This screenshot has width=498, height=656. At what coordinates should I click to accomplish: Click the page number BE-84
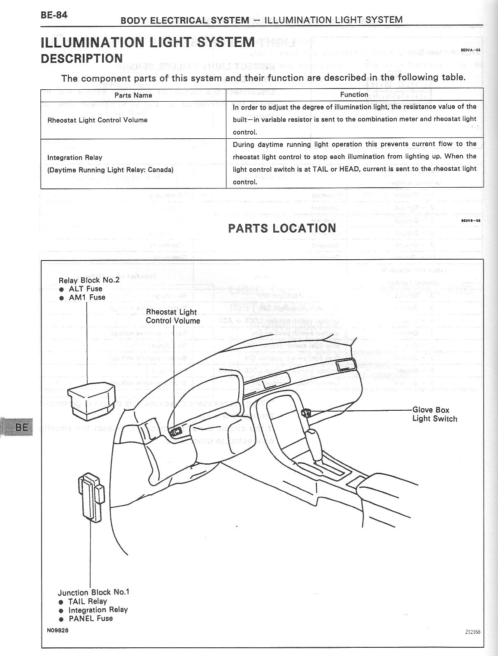[x=54, y=15]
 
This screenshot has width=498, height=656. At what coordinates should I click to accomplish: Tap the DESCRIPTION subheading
[x=81, y=58]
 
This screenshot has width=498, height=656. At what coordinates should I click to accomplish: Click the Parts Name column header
[x=133, y=95]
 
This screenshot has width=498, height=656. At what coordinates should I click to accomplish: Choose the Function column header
[x=354, y=95]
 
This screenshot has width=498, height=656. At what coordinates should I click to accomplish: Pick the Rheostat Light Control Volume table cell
[x=97, y=120]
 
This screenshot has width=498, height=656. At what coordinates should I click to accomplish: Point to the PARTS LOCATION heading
[x=282, y=228]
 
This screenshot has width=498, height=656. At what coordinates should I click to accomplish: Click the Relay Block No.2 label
[x=89, y=280]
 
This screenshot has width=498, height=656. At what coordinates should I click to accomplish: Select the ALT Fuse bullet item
[x=86, y=289]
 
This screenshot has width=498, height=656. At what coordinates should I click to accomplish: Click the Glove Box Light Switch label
[x=435, y=414]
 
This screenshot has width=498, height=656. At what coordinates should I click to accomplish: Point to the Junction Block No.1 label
[x=93, y=592]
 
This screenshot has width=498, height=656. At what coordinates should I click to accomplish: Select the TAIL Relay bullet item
[x=87, y=601]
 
